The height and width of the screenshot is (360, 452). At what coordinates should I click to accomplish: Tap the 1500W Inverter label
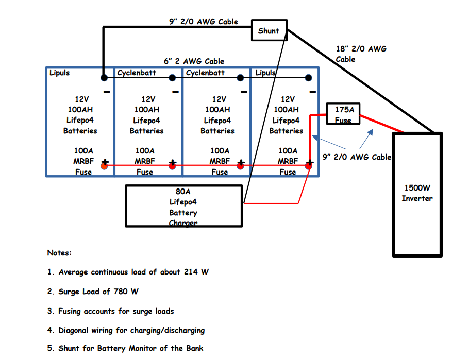coord(417,193)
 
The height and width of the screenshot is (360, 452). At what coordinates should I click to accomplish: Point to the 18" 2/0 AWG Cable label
coord(361,54)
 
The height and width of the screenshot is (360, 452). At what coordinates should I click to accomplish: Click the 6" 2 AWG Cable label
coord(194,61)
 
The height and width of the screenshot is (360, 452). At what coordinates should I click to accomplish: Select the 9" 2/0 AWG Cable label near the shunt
coord(204,22)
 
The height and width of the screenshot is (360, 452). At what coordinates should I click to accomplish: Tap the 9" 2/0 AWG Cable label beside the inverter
coord(357,157)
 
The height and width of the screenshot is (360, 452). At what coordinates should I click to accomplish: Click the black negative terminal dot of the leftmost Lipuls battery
coord(104,77)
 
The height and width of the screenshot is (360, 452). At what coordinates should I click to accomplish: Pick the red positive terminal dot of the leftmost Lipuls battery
coord(104,166)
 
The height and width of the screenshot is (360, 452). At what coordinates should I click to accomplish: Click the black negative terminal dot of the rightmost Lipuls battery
coord(308,77)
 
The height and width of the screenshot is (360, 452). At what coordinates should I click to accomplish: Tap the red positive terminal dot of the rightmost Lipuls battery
coord(308,166)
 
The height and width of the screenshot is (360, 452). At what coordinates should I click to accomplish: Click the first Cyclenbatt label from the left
coord(137,73)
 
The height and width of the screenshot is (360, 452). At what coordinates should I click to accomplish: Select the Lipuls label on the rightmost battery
coord(265,73)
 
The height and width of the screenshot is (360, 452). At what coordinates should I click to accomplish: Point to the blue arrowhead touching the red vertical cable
coord(315,138)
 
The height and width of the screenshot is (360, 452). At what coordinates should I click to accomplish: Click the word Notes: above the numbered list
coord(59,252)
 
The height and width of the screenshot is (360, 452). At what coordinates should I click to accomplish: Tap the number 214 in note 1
coord(191,271)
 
